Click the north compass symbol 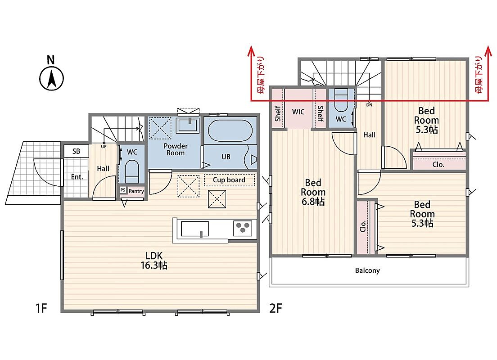[51, 78]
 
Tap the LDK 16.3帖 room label [154, 260]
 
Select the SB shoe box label [76, 151]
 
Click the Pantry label [136, 191]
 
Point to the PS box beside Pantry [123, 190]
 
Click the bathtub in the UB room [230, 130]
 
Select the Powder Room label [176, 149]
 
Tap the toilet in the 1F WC [132, 171]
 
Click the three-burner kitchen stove [243, 228]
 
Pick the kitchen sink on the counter [194, 229]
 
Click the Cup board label [229, 180]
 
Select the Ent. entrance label [77, 177]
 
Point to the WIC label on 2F [298, 112]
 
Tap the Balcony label [367, 270]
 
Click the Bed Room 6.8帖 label [313, 192]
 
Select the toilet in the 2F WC [341, 100]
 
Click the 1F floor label [41, 308]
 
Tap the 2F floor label [276, 308]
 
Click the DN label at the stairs [369, 105]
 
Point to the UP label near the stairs [104, 147]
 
